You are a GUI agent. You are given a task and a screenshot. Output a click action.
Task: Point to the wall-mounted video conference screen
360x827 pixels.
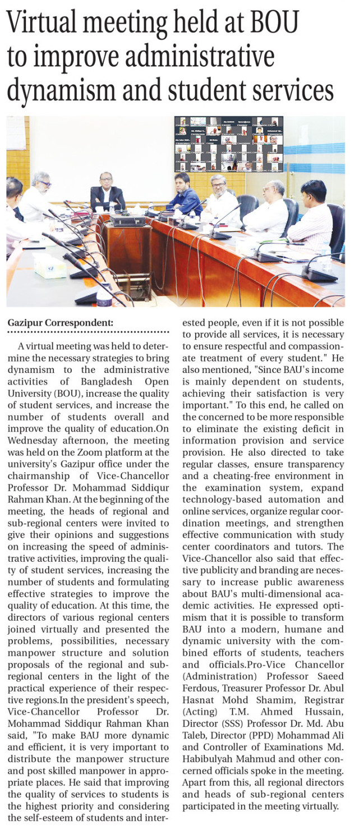point(229,144)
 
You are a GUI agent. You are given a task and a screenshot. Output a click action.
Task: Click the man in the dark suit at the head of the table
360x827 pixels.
point(108,192)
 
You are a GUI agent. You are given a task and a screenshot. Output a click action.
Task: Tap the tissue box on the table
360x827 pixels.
point(50,266)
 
